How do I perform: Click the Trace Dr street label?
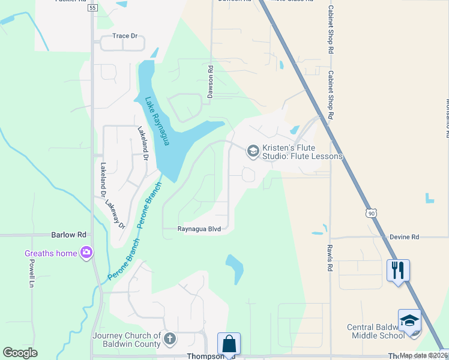[x=125, y=36]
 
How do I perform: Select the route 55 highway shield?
[x=92, y=8]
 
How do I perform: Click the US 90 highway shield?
[x=372, y=213]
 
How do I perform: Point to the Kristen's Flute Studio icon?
[x=253, y=151]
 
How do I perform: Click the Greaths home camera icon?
[x=88, y=253]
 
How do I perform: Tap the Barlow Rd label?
[x=69, y=235]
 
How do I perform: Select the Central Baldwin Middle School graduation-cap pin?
[x=409, y=320]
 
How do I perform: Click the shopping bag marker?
[x=229, y=344]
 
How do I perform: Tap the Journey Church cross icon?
[x=169, y=340]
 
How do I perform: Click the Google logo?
[x=20, y=353]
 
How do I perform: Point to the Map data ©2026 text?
[x=423, y=355]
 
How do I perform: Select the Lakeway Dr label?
[x=115, y=215]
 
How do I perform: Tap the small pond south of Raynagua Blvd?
[x=235, y=268]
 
